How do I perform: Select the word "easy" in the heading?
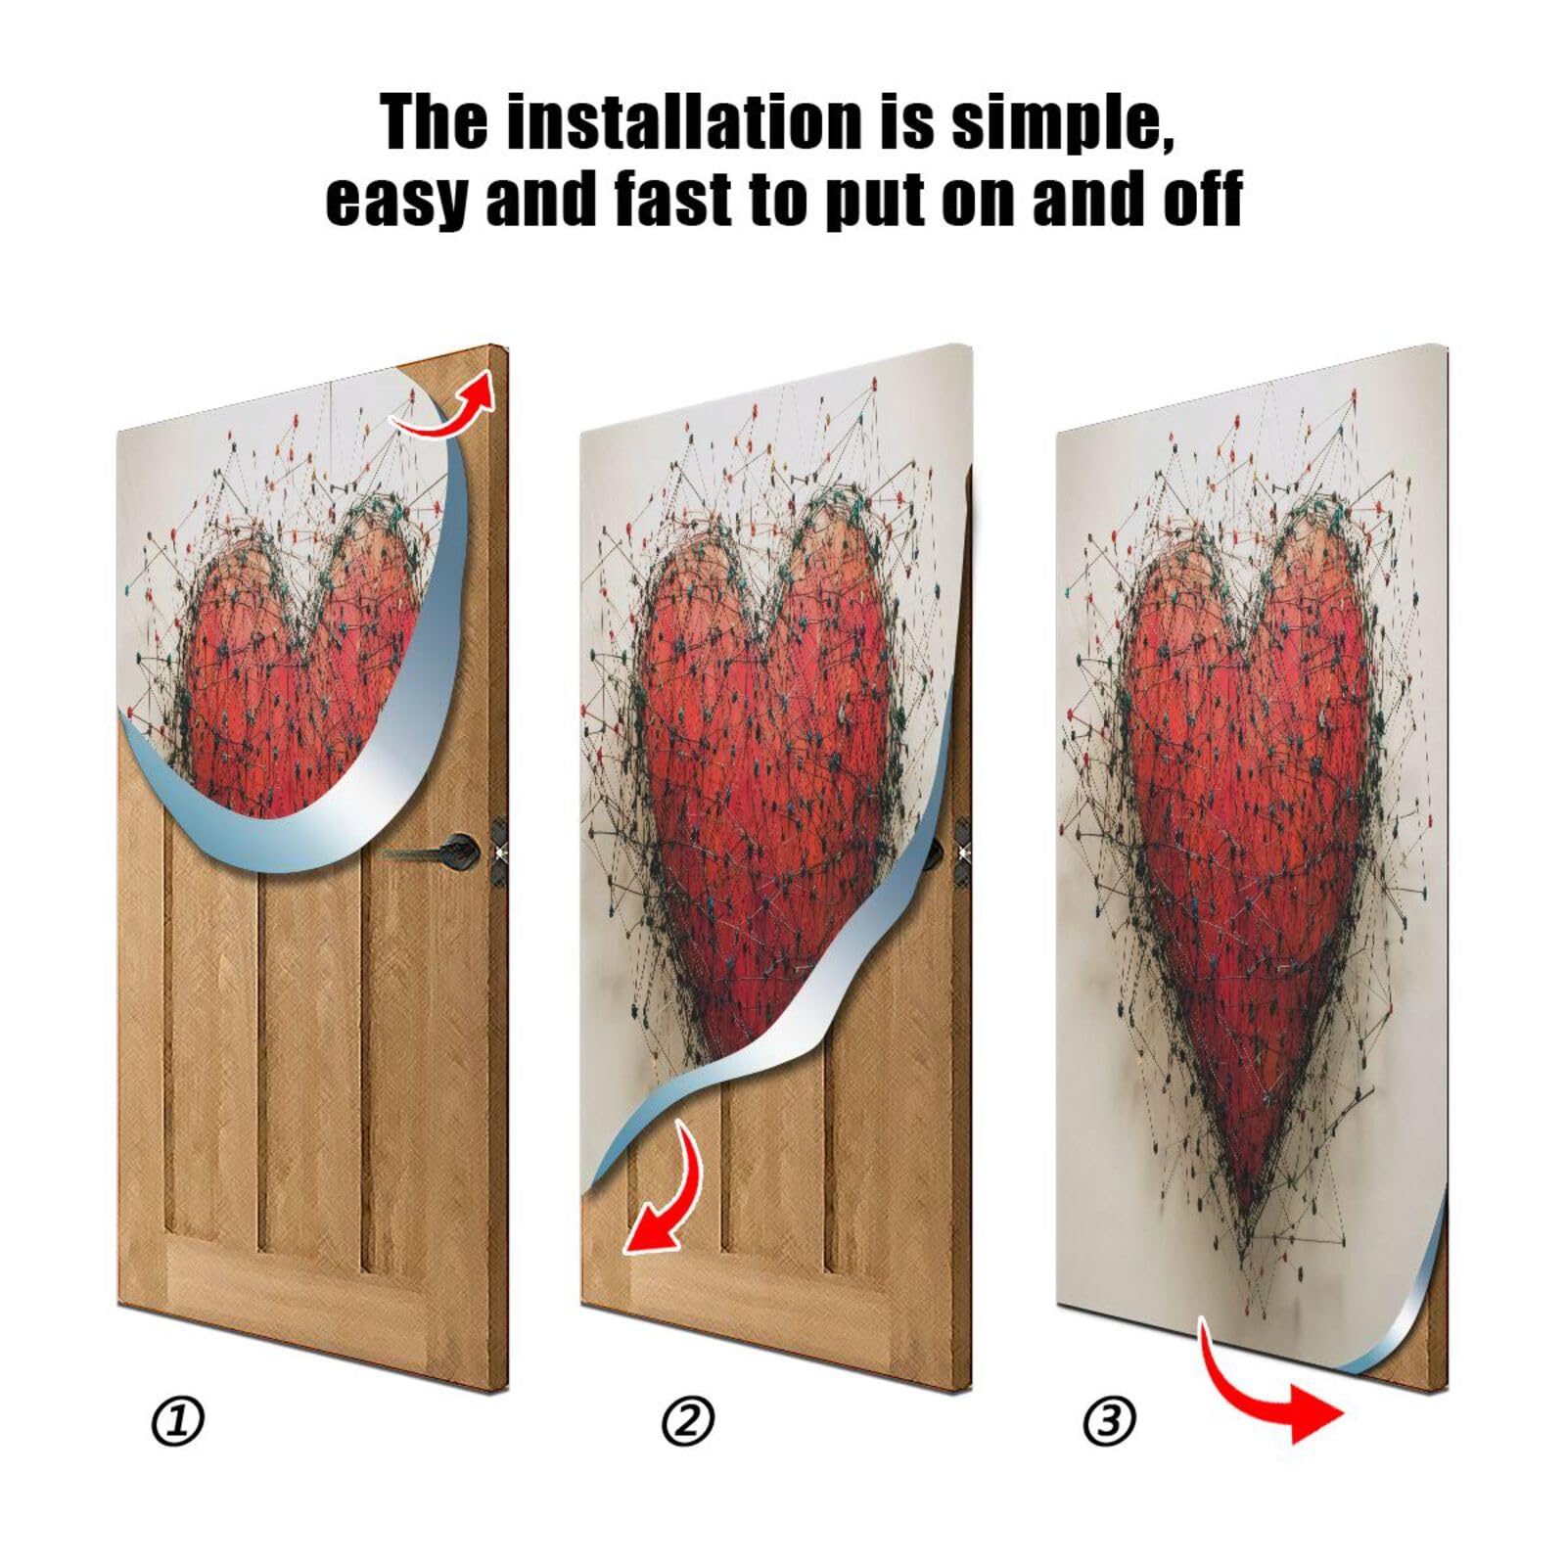coord(394,199)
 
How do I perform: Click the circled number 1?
coord(177,1422)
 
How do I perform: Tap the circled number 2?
coord(687,1421)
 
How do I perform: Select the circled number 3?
coord(1109,1421)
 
